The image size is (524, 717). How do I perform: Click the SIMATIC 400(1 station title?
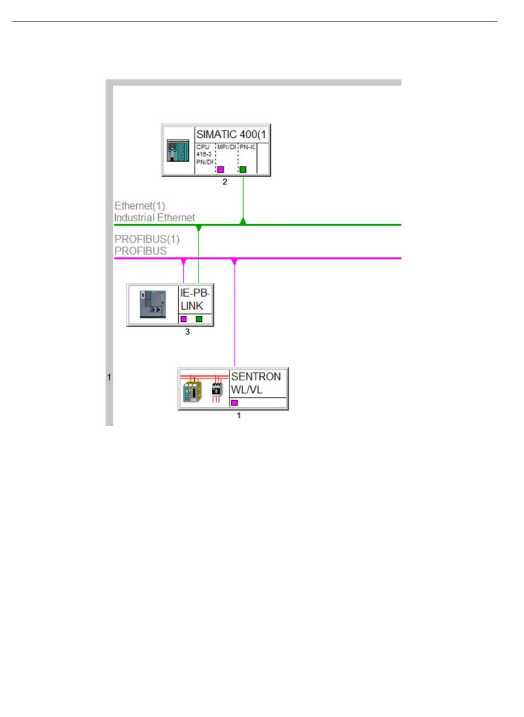click(x=232, y=134)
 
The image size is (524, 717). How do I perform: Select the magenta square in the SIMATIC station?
click(x=221, y=169)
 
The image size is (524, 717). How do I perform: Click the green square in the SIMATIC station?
click(x=243, y=169)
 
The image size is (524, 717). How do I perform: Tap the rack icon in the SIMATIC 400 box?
click(x=178, y=150)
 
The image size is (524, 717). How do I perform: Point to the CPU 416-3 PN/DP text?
click(x=204, y=154)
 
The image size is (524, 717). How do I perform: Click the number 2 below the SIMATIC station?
click(x=224, y=182)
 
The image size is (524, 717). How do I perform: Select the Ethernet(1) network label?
click(x=140, y=206)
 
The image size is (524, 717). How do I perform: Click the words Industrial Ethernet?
click(x=154, y=218)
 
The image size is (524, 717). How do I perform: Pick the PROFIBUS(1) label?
click(x=147, y=240)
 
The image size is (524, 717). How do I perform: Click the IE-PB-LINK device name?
click(x=195, y=299)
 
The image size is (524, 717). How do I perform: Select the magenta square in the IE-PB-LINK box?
click(x=184, y=319)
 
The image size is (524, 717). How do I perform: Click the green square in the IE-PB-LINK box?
click(x=199, y=319)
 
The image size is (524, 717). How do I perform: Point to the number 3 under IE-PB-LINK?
click(x=188, y=332)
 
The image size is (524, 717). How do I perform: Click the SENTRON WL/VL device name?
click(x=256, y=383)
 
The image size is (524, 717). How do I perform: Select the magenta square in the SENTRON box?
click(x=234, y=403)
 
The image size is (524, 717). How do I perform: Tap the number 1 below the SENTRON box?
click(x=239, y=416)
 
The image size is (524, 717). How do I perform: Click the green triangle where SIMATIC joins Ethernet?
click(x=243, y=222)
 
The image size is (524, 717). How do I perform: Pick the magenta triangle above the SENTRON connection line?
click(x=234, y=261)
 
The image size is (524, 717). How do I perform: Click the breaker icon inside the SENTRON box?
click(x=217, y=389)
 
